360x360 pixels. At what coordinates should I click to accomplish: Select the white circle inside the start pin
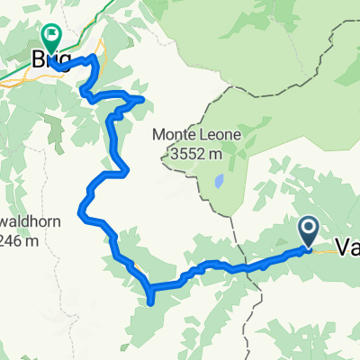(308, 229)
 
